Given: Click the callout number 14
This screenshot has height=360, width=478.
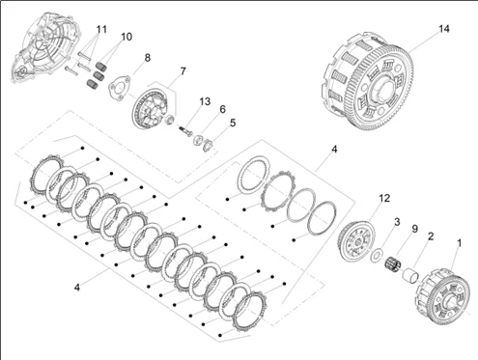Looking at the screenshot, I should click(x=443, y=30).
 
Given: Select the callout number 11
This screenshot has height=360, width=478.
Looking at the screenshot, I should click(x=101, y=29).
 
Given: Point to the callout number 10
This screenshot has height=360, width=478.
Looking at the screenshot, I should click(x=127, y=37).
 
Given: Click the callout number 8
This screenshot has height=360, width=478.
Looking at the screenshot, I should click(x=148, y=58).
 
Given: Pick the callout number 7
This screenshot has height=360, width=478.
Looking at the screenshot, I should click(x=183, y=71).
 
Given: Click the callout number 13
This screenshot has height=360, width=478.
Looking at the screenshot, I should click(x=204, y=101).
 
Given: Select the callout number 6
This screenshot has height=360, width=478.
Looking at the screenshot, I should click(x=221, y=110).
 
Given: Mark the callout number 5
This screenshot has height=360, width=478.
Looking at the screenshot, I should click(x=232, y=123).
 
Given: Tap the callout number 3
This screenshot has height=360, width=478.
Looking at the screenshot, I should click(x=395, y=223).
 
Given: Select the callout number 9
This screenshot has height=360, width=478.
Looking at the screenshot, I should click(x=414, y=230).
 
